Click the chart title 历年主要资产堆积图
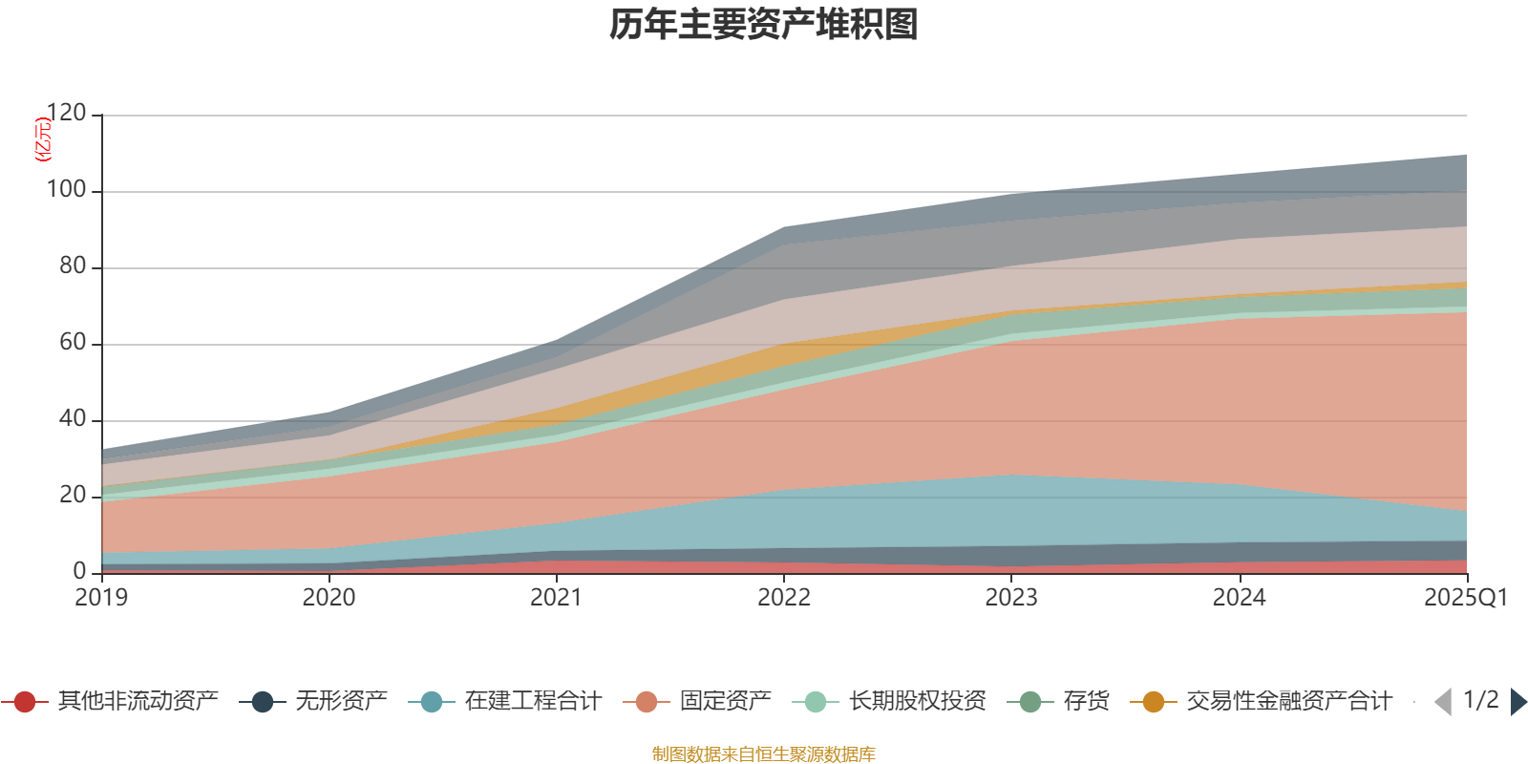[764, 25]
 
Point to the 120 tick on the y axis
[67, 114]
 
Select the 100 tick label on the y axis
[67, 190]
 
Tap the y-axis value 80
[73, 266]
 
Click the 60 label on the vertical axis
[73, 343]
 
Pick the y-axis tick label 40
[73, 419]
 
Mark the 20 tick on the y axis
[73, 496]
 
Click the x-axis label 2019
[101, 598]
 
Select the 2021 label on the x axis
[556, 598]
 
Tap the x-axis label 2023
[1011, 598]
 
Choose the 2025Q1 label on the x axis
[1465, 598]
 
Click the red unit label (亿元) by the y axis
[43, 139]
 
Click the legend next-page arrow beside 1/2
[1518, 702]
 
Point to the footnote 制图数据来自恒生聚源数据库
[764, 754]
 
